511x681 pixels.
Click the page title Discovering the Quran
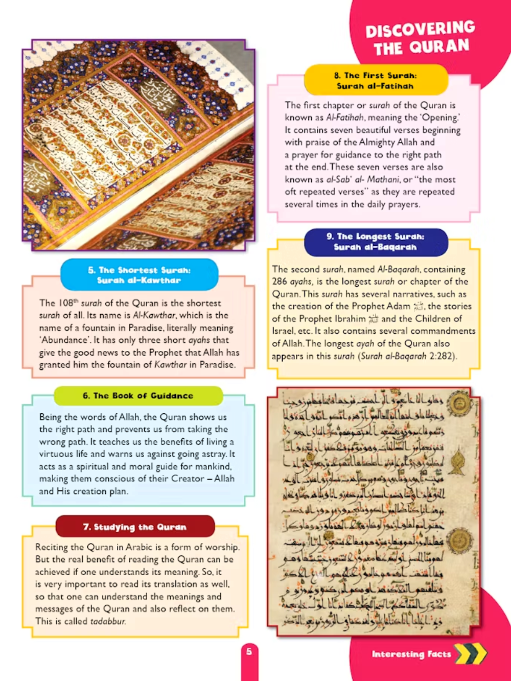point(420,38)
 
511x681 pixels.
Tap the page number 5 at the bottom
point(249,651)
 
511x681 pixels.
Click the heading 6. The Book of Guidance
point(138,395)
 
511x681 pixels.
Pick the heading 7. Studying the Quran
point(135,527)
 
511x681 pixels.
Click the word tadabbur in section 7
point(108,622)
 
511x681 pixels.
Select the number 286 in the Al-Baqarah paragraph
point(280,281)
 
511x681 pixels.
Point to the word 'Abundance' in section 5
point(63,340)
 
